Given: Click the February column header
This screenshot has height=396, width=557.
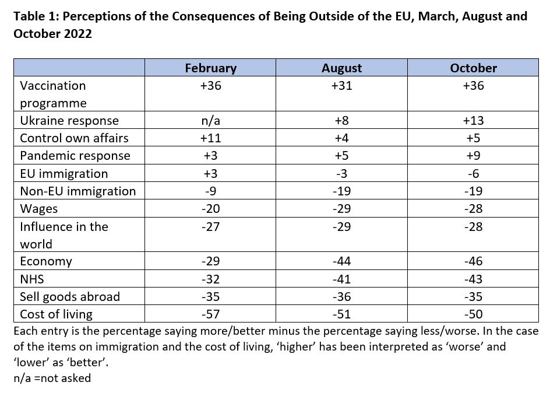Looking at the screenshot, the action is coord(211,68).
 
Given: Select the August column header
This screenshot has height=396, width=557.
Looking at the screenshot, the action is coord(342,68).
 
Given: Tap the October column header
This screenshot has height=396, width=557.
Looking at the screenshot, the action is coord(473,68).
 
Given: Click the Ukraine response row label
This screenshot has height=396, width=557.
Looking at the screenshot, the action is coord(69,121).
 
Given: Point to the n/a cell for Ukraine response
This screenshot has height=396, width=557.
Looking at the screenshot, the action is coord(211,121).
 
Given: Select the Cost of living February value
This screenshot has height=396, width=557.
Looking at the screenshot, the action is coord(211,314).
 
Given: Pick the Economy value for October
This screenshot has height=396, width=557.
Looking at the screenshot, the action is coord(473,261).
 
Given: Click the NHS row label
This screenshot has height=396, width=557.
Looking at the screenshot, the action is coord(32,279).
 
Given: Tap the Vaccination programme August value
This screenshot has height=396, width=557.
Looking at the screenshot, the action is coord(342,86).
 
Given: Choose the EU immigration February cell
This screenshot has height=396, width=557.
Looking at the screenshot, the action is coord(211,173).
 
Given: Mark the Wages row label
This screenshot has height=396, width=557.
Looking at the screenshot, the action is coord(38,209).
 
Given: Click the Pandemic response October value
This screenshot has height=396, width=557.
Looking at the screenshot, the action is coord(473,156).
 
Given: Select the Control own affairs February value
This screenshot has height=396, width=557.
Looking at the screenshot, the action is coord(211,138).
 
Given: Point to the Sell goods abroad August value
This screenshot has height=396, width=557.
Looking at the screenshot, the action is coord(342,296).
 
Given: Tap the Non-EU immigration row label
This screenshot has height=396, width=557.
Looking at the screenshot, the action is coord(78,191).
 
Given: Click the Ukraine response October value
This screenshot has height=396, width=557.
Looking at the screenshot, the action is coord(473,121).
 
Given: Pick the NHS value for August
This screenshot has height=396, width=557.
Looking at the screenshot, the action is coord(342,279).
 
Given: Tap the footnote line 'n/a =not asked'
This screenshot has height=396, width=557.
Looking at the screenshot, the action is coord(52,378).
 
